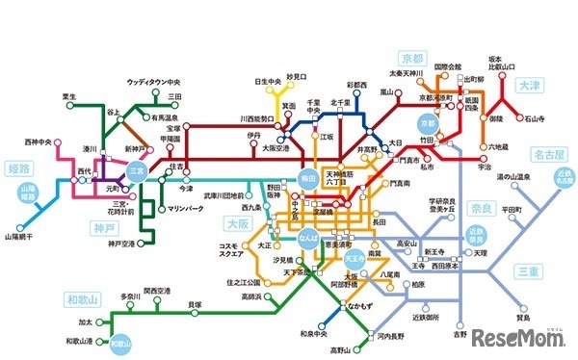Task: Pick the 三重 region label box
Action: pyautogui.click(x=530, y=272)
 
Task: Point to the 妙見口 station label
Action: pyautogui.click(x=296, y=73)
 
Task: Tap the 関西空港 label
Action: pyautogui.click(x=157, y=290)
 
